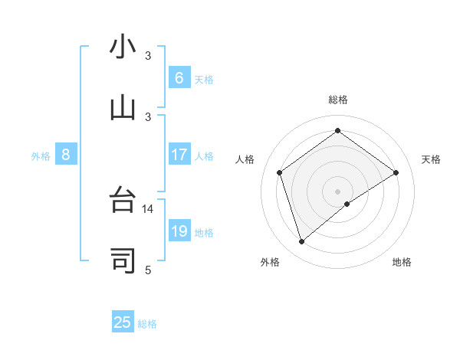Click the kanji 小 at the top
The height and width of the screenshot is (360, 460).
pos(123,47)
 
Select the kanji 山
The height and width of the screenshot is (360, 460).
pos(123,107)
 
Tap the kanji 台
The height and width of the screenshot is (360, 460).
pos(123,201)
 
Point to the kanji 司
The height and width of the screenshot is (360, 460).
pos(123,261)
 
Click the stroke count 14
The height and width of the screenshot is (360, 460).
pos(148,208)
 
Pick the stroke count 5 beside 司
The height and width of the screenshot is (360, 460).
pos(148,270)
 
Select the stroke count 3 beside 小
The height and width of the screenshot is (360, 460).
pos(148,56)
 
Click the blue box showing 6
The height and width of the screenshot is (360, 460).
pos(179,77)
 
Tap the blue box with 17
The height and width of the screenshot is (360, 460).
pos(179,155)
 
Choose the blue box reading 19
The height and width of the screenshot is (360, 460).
pos(179,231)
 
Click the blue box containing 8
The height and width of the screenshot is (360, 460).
pos(66,155)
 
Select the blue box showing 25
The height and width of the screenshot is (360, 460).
pos(123,322)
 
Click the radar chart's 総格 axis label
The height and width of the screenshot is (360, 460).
pos(337,100)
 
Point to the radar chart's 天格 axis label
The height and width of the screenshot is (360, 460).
pos(431,159)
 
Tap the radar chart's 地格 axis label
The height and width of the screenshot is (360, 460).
pos(402,262)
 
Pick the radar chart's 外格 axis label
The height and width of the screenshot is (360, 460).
pos(270,262)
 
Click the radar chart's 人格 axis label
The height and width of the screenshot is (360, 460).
pos(245,159)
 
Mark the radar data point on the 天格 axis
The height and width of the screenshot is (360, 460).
pos(396,172)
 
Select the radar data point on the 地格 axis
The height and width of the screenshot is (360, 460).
pos(347,204)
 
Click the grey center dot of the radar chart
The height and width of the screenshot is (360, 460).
pos(337,190)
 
